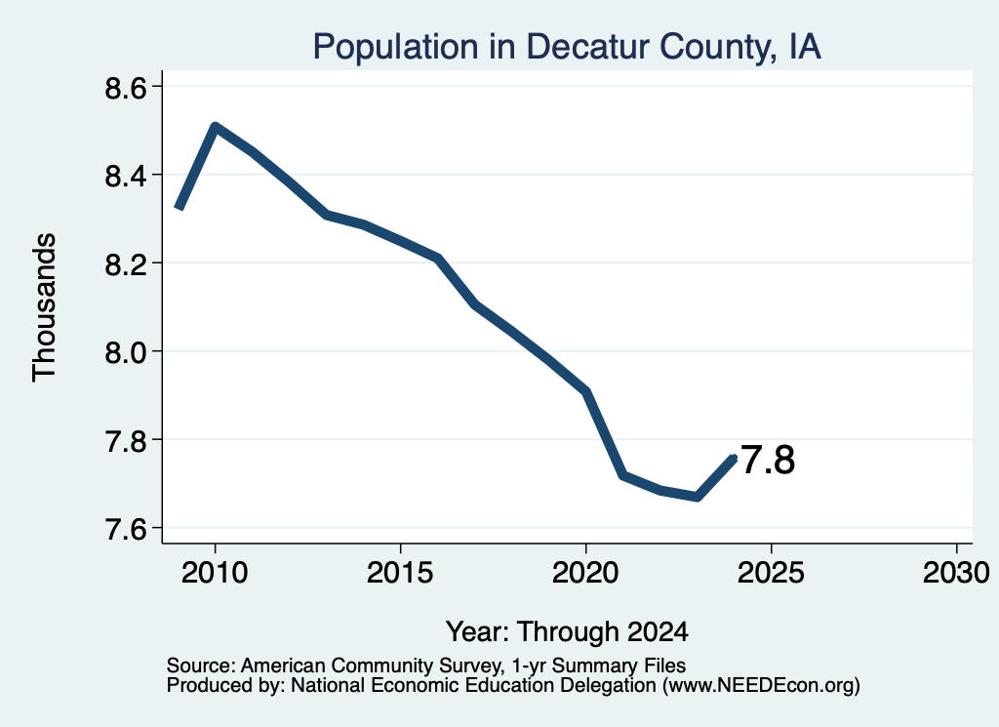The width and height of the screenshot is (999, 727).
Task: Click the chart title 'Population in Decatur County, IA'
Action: click(567, 47)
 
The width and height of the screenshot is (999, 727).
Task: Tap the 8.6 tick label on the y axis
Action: click(126, 87)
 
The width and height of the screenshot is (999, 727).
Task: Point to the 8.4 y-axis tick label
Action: click(126, 176)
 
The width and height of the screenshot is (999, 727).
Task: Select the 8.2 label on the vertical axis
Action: click(126, 263)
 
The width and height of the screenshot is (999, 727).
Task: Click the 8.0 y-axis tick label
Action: click(126, 351)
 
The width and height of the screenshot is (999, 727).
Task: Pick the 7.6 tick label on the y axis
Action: click(126, 528)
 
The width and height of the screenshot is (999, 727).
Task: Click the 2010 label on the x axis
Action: click(215, 572)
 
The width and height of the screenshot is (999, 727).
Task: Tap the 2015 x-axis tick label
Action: click(400, 572)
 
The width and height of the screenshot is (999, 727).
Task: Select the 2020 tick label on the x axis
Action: click(585, 572)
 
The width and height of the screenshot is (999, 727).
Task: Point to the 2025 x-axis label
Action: click(771, 572)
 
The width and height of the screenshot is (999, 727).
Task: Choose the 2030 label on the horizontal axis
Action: click(956, 572)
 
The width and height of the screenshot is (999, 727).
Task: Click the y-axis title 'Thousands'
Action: click(44, 307)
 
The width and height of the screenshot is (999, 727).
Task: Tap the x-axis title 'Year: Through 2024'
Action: click(567, 631)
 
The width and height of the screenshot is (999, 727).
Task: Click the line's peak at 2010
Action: click(215, 127)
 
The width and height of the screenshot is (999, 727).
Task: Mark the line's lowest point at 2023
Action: click(697, 497)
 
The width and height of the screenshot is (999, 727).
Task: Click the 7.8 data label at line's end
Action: click(768, 460)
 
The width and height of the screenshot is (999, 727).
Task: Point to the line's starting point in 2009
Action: click(180, 207)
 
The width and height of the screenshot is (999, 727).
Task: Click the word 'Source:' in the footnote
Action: click(201, 666)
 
